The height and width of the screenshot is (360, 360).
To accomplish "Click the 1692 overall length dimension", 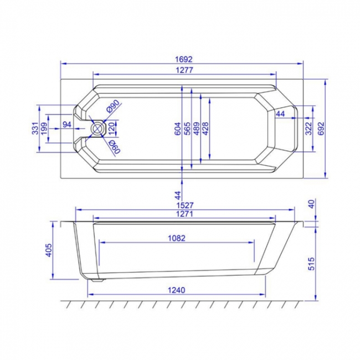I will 183,58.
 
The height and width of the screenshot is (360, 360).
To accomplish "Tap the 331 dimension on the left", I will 35,129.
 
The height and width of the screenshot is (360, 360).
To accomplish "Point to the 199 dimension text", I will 44,129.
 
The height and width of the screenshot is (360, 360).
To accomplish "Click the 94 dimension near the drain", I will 67,124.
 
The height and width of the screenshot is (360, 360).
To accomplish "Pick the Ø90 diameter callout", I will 114,105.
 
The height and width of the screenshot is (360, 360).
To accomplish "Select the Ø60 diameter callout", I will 114,146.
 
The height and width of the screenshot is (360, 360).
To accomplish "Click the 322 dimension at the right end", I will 309,128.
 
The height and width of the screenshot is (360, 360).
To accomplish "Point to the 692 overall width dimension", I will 320,128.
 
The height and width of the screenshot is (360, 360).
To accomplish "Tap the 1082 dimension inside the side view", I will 176,238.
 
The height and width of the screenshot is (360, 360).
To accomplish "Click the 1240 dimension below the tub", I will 176,290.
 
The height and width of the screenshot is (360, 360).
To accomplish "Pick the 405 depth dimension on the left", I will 48,250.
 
